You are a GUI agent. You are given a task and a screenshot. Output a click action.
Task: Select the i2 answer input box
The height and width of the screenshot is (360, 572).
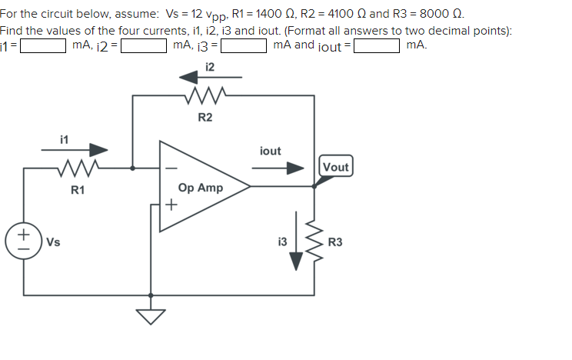pos(144,45)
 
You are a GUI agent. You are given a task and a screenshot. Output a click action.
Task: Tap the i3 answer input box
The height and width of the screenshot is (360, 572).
pos(244,45)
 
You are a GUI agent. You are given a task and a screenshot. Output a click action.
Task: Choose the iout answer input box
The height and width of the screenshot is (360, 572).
pos(376,45)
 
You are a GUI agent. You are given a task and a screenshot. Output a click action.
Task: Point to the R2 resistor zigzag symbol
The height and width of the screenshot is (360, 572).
pos(205,97)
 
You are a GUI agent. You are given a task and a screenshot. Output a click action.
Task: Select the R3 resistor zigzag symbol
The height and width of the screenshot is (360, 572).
pos(314,243)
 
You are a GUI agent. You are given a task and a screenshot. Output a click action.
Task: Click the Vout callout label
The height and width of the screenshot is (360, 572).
pos(336,167)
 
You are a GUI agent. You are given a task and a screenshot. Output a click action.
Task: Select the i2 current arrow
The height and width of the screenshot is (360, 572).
pos(210,77)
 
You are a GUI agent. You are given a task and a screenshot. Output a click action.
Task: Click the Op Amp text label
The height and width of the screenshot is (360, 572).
pos(200,188)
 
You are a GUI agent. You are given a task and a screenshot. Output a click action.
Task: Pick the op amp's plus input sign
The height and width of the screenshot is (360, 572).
pos(172,205)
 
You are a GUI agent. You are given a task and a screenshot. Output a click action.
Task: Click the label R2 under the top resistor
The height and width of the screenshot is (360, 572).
pos(205,118)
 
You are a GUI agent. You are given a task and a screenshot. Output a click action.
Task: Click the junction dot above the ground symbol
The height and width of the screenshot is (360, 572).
pos(151,295)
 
